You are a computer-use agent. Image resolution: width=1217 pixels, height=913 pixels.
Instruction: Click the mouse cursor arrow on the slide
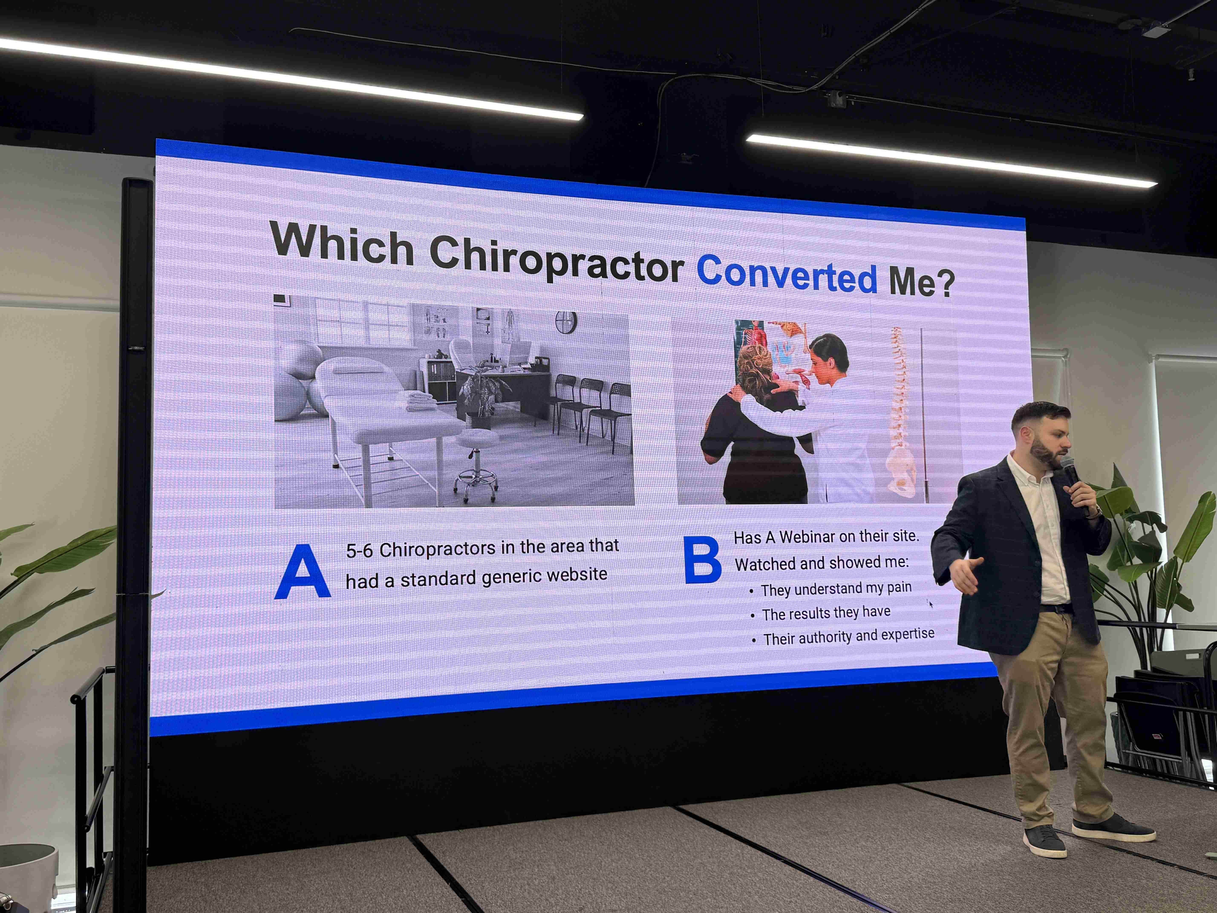pyautogui.click(x=931, y=604)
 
